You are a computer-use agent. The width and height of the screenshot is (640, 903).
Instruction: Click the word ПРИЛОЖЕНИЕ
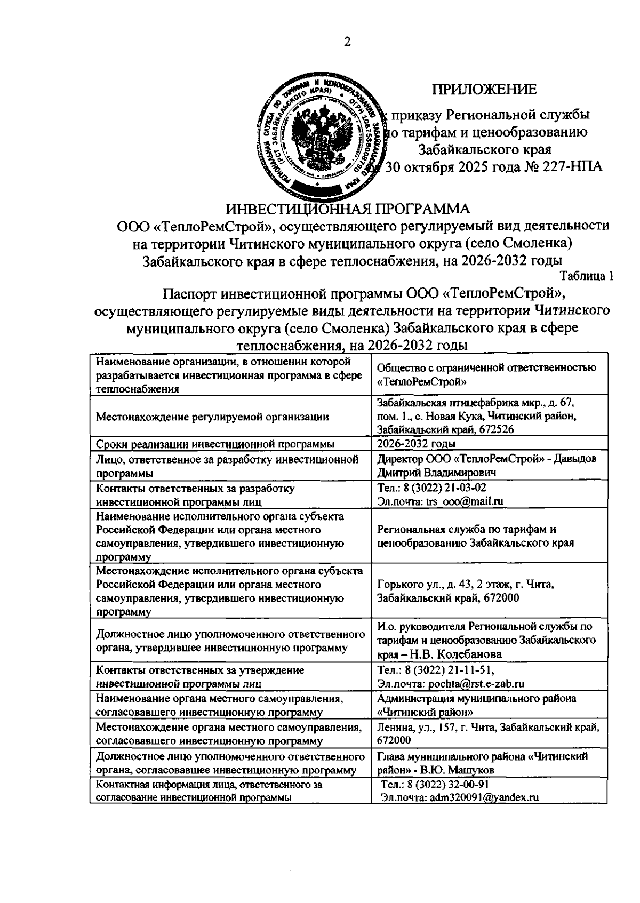[484, 90]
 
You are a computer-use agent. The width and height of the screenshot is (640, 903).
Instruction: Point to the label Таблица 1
[587, 276]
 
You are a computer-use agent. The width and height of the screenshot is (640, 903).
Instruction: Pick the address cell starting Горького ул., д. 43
[465, 591]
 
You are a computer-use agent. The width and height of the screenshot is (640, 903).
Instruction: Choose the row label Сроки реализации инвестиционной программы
[215, 444]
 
